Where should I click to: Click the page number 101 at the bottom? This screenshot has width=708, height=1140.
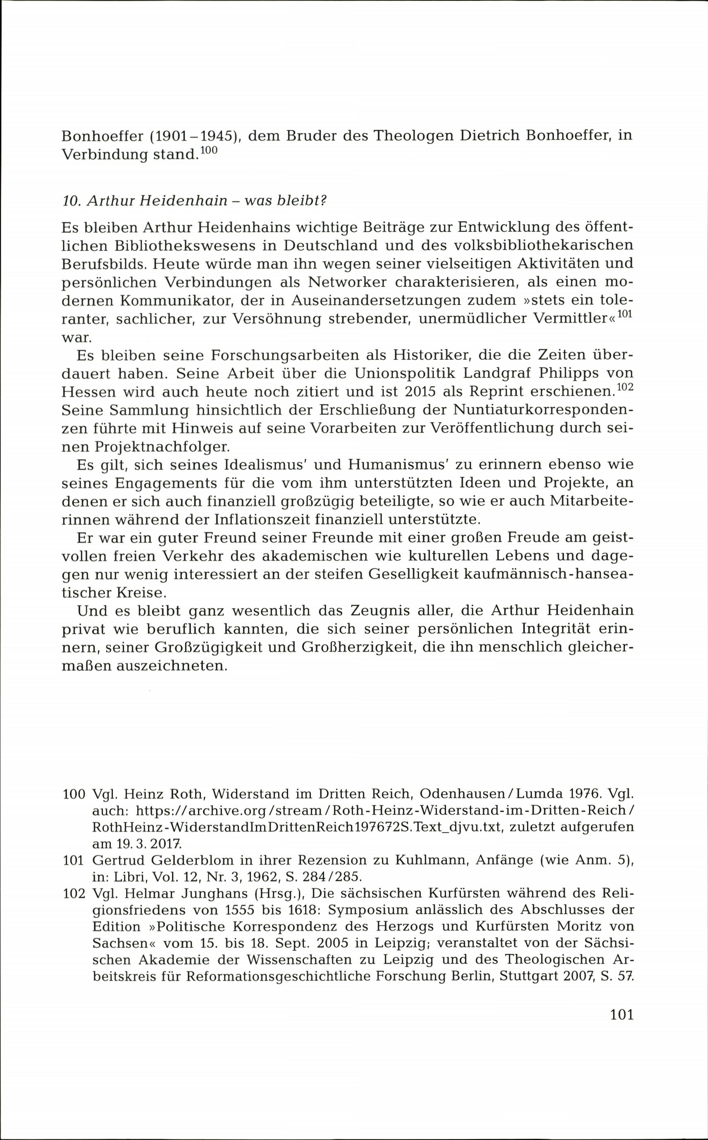621,1014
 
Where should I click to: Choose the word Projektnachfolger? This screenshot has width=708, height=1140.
162,446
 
